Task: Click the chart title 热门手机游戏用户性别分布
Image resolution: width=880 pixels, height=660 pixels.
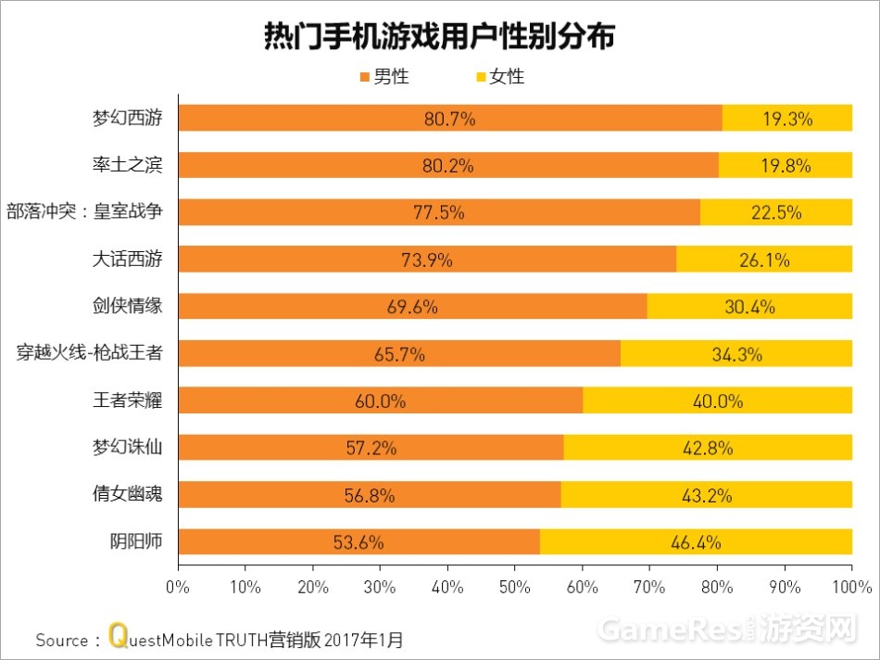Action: click(x=439, y=37)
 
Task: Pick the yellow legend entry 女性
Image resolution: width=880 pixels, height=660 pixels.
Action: click(x=499, y=77)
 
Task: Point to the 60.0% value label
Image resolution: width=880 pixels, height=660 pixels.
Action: click(x=380, y=401)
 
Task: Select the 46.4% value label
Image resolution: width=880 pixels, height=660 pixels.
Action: click(x=697, y=542)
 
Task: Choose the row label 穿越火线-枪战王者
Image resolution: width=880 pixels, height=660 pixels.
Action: click(x=90, y=353)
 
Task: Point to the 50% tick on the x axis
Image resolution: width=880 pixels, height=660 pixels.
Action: click(x=514, y=586)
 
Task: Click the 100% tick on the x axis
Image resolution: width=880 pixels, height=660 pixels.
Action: click(x=851, y=586)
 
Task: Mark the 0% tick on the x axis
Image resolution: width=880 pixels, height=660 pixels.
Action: click(x=177, y=586)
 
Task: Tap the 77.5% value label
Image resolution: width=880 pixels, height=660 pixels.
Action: click(x=438, y=212)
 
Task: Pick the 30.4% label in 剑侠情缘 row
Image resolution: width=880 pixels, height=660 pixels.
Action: click(x=749, y=307)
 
